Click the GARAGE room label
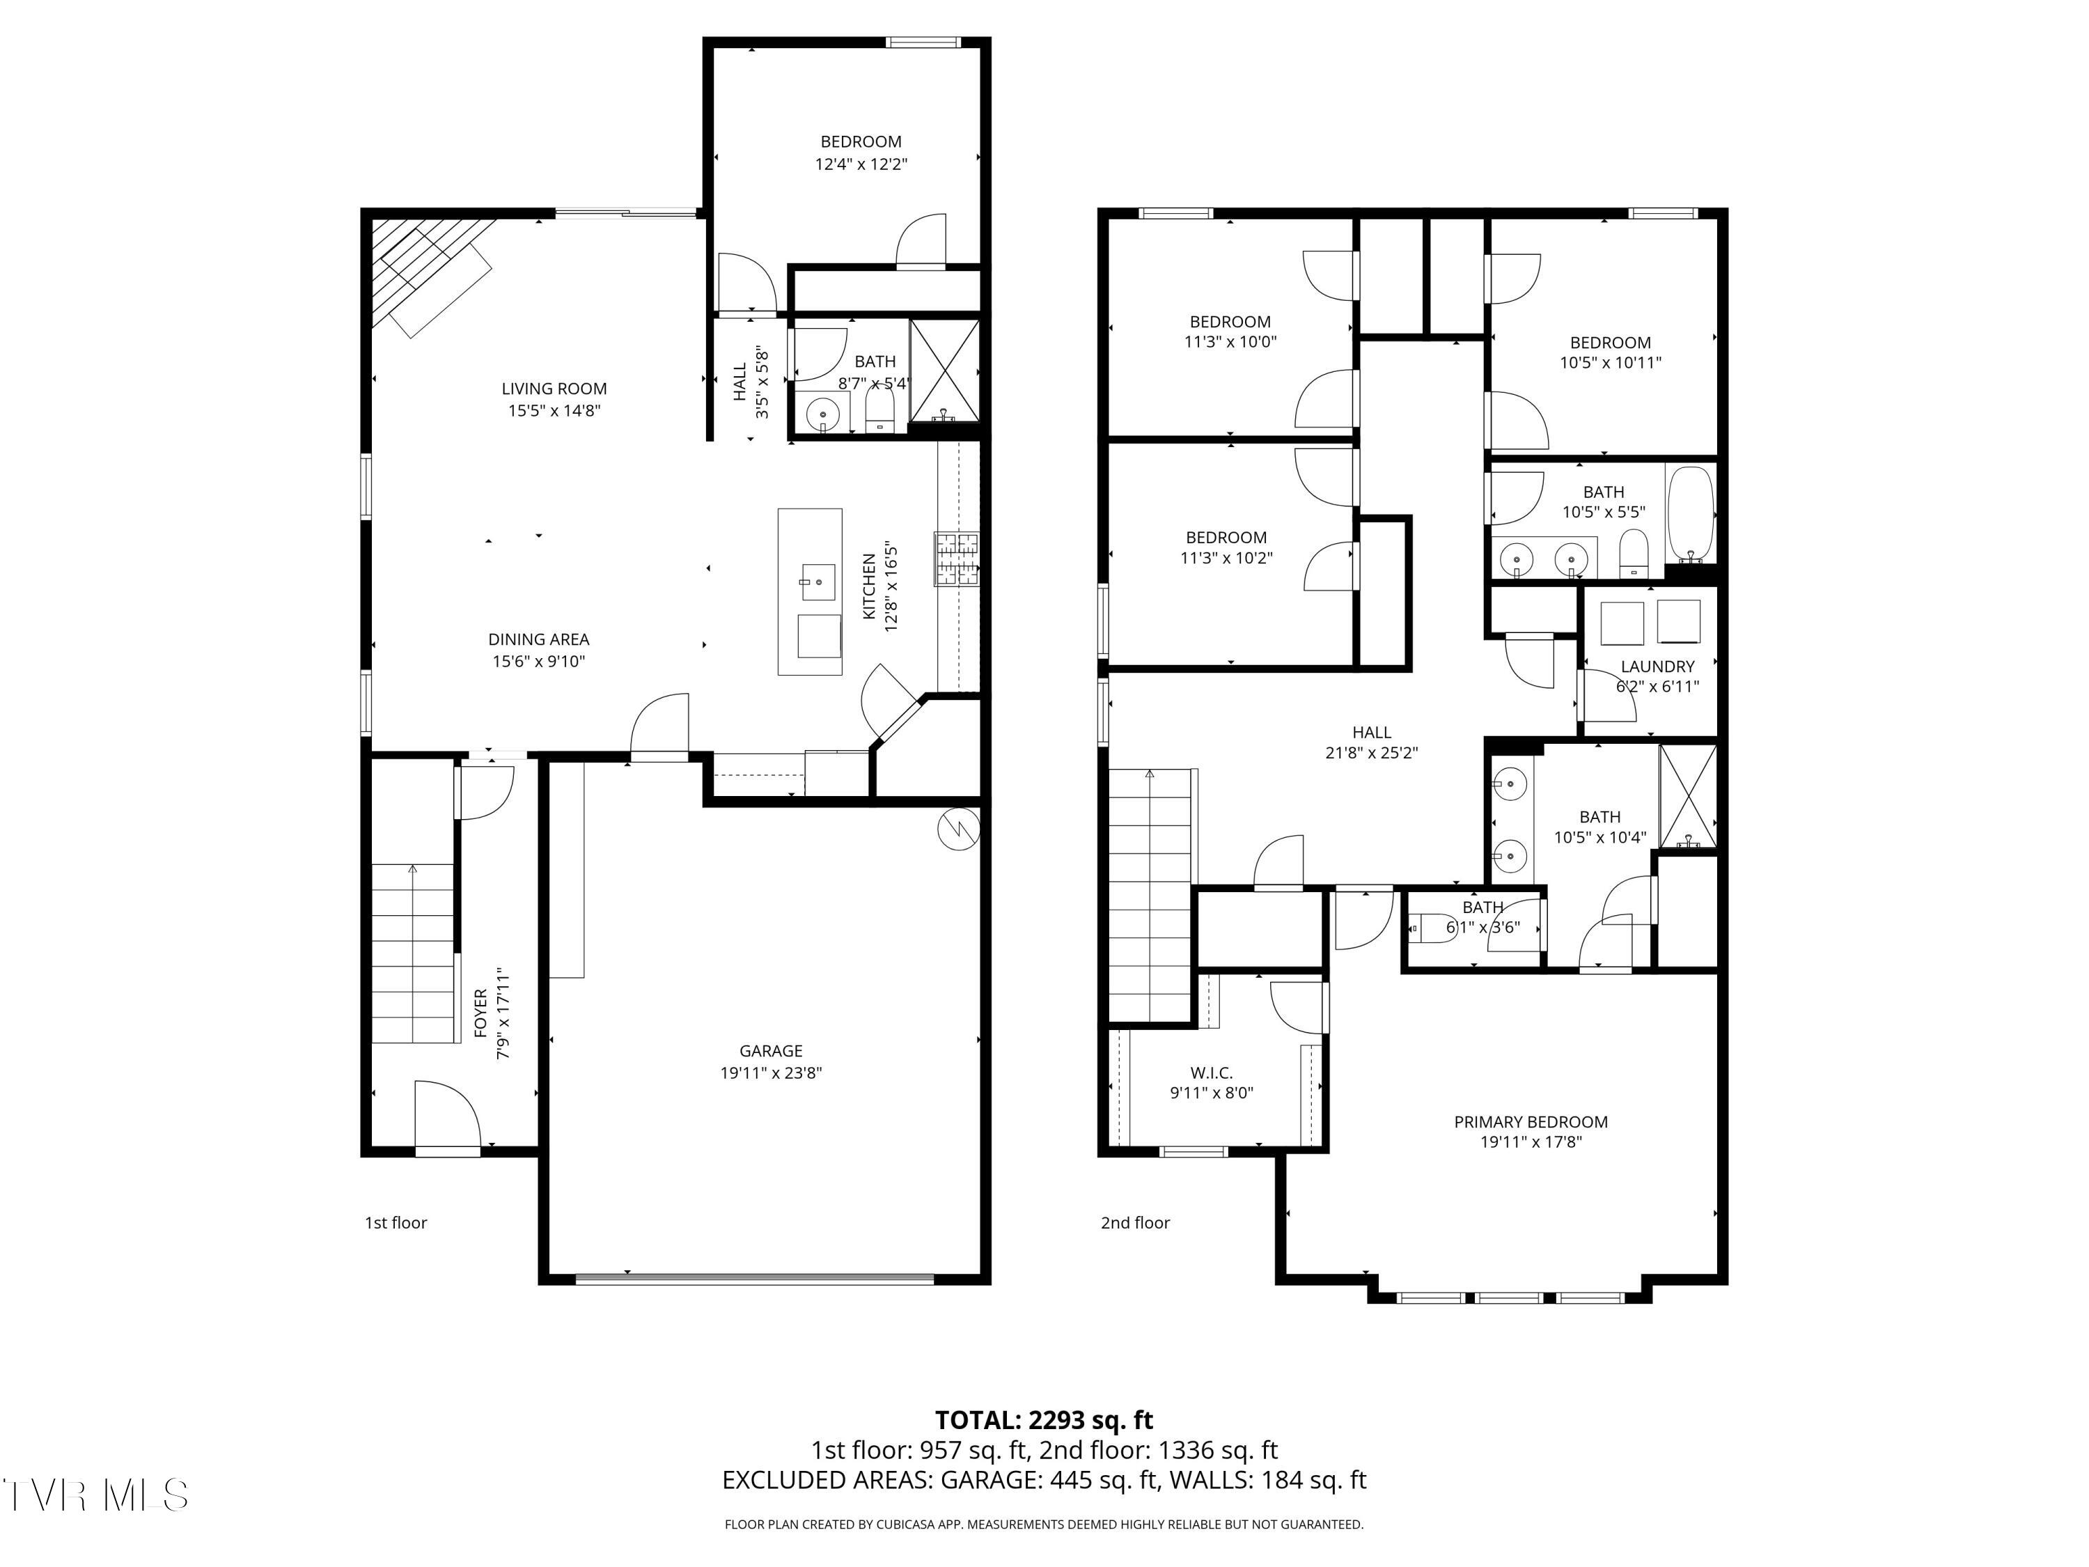[x=771, y=1050]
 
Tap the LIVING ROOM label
[x=554, y=388]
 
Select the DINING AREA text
[x=538, y=639]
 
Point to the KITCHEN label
[x=870, y=586]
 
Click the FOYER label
[x=480, y=1013]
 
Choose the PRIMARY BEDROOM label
[x=1531, y=1122]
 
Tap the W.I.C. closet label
[x=1212, y=1073]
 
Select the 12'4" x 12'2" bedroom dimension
[x=861, y=164]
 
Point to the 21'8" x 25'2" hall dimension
[x=1371, y=754]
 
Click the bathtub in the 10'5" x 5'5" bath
[x=1689, y=514]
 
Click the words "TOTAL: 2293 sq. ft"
[x=1044, y=1419]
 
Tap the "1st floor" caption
[x=396, y=1222]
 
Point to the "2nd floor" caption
[x=1135, y=1222]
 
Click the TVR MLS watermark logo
[x=95, y=1495]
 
